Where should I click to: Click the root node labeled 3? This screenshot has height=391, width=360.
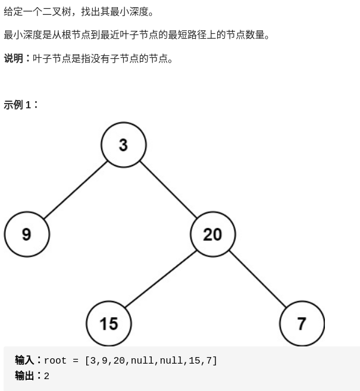coord(123,145)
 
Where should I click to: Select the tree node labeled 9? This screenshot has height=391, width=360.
coord(26,234)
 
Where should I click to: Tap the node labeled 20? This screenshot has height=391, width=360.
coord(212,234)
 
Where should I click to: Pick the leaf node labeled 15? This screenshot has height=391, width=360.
coord(109,323)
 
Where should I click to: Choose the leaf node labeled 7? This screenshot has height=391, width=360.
coord(302,323)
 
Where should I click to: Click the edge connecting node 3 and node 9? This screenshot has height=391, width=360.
coord(75,189)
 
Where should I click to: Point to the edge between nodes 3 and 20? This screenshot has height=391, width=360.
coord(168,189)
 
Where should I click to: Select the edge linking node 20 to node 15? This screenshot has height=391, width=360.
coord(161,279)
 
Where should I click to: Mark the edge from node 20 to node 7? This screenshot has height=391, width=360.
coord(257,279)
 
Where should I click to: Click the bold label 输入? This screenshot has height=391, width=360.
coord(24,360)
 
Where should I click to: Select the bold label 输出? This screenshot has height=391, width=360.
coord(24,376)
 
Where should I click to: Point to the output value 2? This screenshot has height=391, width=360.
coord(46,376)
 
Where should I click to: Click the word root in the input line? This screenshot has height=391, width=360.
coord(55,361)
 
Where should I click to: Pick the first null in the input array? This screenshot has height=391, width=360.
coord(142,361)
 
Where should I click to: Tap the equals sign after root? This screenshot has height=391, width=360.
coord(76,361)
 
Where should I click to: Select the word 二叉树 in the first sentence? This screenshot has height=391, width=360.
coord(57,11)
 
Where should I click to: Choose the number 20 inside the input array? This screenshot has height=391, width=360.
coord(119,361)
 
